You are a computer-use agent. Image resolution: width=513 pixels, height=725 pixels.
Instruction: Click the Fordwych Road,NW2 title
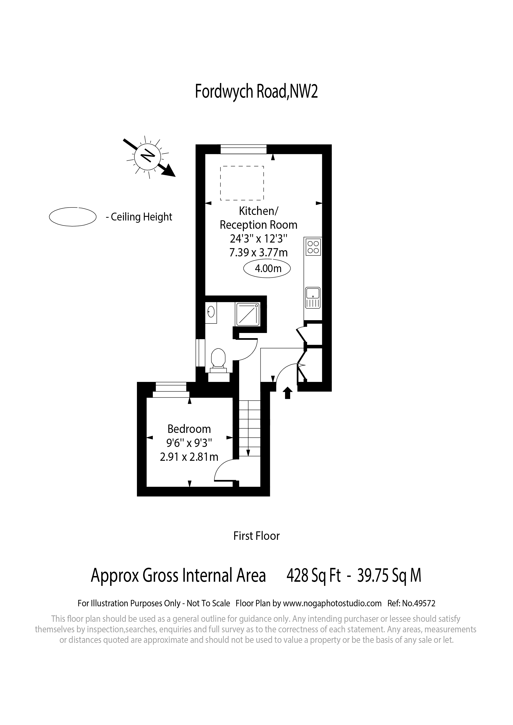tap(256, 92)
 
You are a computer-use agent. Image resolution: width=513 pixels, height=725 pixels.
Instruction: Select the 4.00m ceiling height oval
tap(267, 268)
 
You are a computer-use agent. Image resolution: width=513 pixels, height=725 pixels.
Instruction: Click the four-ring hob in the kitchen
tap(313, 247)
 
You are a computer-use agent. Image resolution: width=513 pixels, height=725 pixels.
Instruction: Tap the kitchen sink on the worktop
tap(313, 298)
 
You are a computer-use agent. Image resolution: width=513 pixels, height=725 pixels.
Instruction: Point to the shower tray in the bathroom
tap(248, 314)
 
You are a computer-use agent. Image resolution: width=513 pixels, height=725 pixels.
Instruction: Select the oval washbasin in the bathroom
tap(211, 312)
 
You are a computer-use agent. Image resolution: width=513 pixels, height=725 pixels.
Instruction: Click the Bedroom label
tap(189, 429)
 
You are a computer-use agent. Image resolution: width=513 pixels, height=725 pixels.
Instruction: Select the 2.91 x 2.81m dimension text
tap(189, 457)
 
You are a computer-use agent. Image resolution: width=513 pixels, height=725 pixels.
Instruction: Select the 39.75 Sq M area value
tap(389, 576)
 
